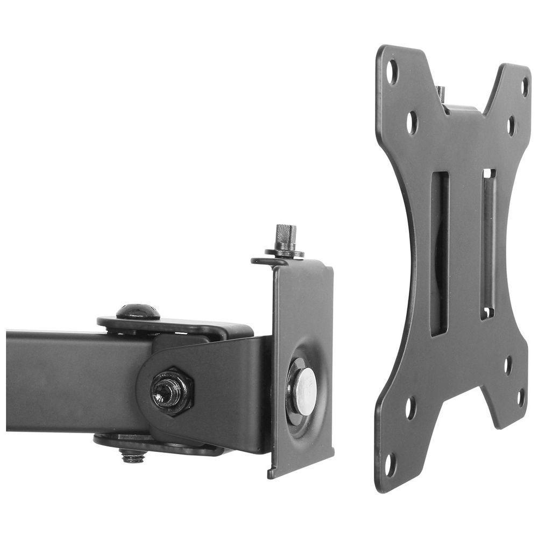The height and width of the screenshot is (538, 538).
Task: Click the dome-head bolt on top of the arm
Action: tap(138, 312)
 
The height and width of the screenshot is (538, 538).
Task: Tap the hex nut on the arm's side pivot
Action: tap(172, 391)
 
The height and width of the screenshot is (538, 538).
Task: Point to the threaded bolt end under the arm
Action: tap(132, 456)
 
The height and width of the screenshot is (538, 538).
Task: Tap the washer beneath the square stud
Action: tap(285, 252)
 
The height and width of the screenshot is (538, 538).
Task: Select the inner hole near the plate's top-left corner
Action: tap(412, 123)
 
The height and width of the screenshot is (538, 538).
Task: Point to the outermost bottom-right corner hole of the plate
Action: tap(521, 398)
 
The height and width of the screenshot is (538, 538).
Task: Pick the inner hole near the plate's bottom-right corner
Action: tap(508, 365)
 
